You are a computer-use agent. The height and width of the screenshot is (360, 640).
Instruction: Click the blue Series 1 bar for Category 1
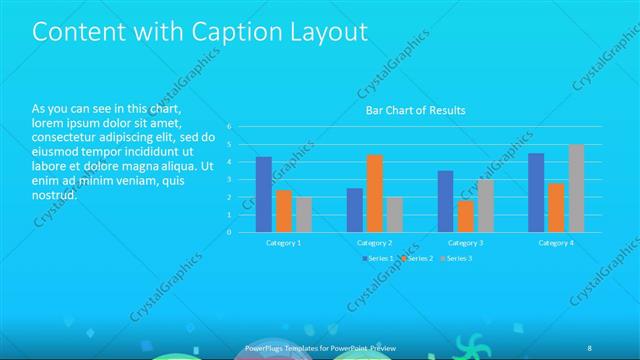264,194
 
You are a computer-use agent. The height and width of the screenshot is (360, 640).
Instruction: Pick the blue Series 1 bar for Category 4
536,192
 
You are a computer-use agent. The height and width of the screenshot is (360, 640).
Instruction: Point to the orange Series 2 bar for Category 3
466,216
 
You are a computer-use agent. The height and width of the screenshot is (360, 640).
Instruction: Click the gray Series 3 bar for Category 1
304,214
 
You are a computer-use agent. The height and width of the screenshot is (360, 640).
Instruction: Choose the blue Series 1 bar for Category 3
446,201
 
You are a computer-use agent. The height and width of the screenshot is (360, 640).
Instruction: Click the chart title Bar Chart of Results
414,110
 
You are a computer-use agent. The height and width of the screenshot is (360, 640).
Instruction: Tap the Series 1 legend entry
375,258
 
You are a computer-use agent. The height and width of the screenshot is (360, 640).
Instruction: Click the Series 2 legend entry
415,258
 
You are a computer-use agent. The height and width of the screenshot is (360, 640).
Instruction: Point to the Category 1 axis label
284,242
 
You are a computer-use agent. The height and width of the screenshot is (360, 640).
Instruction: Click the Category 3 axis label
465,242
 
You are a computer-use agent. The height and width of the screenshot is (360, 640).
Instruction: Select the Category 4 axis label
556,242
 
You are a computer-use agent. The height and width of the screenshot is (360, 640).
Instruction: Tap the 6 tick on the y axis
229,127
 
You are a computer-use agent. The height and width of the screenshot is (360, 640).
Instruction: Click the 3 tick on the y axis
229,180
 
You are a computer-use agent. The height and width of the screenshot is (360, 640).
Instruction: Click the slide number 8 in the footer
589,347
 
